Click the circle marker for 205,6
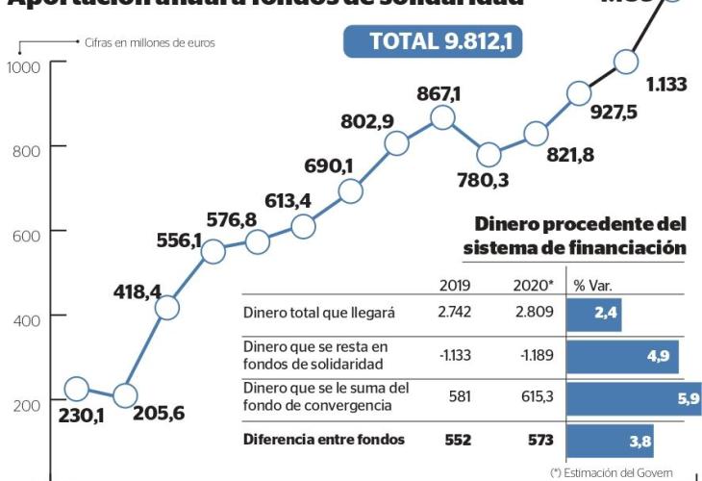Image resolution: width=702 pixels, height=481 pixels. tap(125, 394)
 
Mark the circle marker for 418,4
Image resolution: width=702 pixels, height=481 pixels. tap(166, 308)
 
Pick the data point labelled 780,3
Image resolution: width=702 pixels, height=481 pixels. tap(489, 155)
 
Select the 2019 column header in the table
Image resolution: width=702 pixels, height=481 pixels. tap(454, 285)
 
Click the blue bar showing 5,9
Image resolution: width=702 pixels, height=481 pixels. tap(633, 396)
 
